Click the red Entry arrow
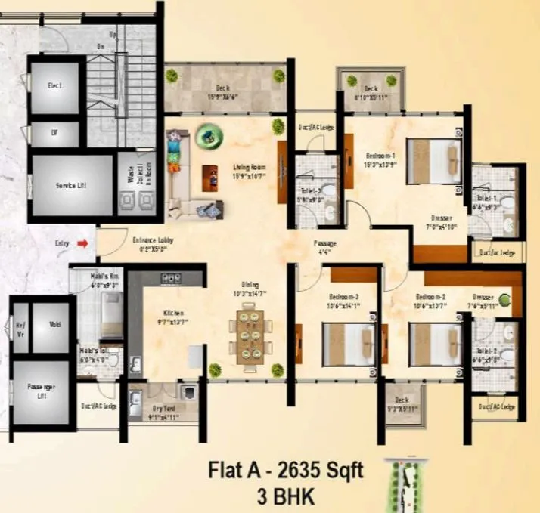pyautogui.click(x=84, y=243)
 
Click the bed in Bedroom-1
pyautogui.click(x=434, y=160)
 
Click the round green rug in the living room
pyautogui.click(x=206, y=136)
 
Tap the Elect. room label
pyautogui.click(x=55, y=87)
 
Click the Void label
pyautogui.click(x=54, y=326)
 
